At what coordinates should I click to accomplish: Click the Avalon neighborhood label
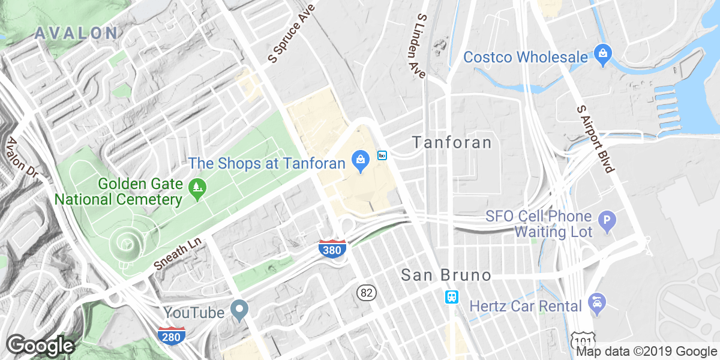tap(76, 33)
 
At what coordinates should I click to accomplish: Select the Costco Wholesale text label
tap(525, 57)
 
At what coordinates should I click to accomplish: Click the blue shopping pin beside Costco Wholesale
tap(602, 54)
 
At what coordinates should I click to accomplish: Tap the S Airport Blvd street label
tap(595, 139)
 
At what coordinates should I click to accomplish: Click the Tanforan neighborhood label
tap(452, 142)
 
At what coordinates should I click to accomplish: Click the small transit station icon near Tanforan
tap(382, 155)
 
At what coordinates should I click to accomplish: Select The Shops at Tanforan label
tap(266, 163)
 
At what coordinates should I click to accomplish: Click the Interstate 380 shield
tap(332, 249)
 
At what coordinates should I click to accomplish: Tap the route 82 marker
tap(365, 293)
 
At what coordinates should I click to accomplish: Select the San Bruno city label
tap(446, 275)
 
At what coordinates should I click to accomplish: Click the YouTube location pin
tap(240, 310)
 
